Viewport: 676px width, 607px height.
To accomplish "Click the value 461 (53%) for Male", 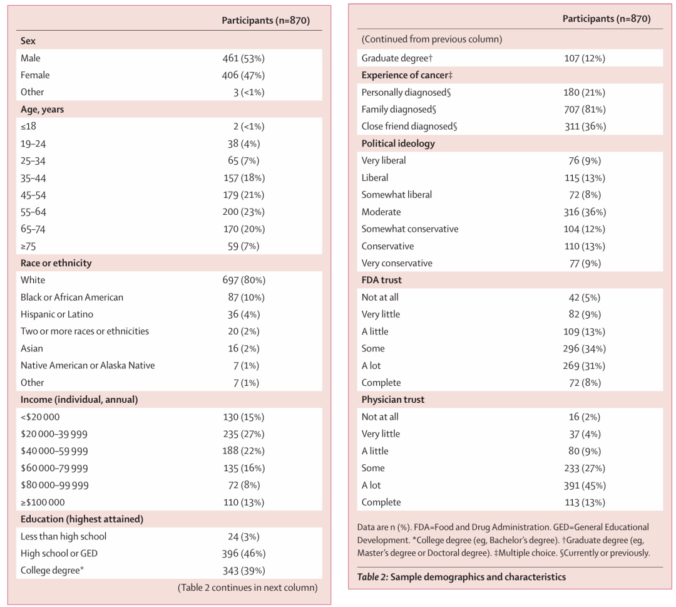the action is click(x=243, y=58).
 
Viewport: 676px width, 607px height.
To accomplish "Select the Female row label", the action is click(x=35, y=75).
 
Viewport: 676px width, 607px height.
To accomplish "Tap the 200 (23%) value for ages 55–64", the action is click(x=243, y=212).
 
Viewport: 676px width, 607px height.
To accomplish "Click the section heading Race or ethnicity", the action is click(x=56, y=263).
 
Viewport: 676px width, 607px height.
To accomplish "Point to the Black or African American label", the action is click(x=71, y=298).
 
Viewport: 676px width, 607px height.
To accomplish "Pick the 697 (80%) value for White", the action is click(x=243, y=280).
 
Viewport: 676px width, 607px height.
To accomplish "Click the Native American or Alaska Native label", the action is click(x=88, y=365).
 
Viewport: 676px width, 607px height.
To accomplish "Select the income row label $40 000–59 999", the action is click(x=54, y=451).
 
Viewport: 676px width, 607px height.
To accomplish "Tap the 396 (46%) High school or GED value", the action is click(x=243, y=554).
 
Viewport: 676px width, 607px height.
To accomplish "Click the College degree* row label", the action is click(x=52, y=570).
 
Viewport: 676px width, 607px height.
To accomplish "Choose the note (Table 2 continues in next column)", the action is click(x=247, y=588).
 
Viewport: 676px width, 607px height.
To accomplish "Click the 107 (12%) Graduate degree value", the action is click(x=585, y=58).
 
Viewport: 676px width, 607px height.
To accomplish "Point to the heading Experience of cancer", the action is click(x=407, y=75).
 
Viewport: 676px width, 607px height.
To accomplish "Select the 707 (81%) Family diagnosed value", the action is click(x=585, y=110).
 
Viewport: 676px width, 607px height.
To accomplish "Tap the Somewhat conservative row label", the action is click(x=409, y=229).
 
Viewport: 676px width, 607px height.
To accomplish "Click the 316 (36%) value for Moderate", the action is click(x=585, y=212).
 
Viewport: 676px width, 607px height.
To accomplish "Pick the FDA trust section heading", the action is click(x=382, y=280).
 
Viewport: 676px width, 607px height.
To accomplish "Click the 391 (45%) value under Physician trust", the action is click(x=585, y=485).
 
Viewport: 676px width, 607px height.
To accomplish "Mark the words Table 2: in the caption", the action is click(x=373, y=577).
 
